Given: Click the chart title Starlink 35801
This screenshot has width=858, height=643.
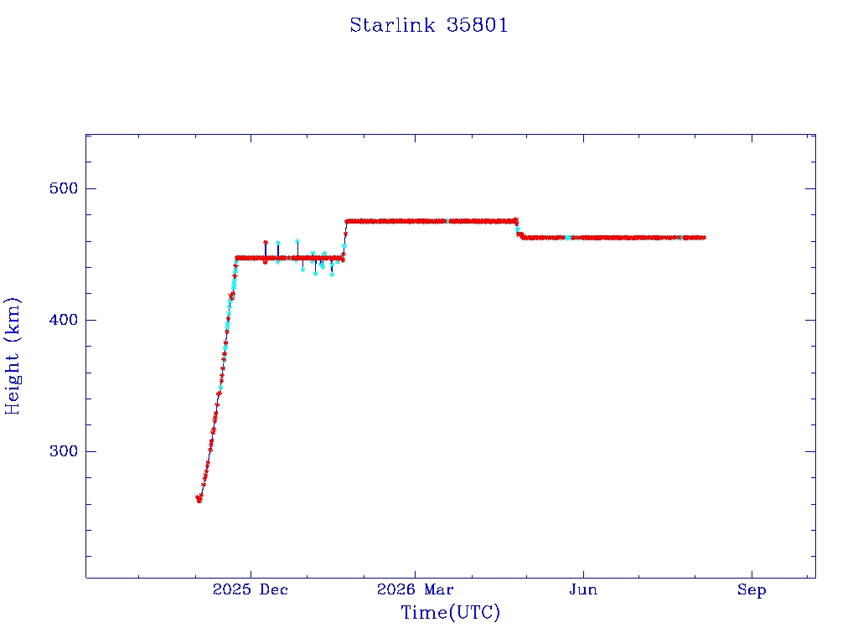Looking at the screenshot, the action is (429, 25).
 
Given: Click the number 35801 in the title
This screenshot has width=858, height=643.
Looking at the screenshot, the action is (477, 25).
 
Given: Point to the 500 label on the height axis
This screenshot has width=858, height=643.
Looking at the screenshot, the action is (64, 188).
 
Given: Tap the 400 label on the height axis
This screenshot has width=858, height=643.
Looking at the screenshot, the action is (64, 320).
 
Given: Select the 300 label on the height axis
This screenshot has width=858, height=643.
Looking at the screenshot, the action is (64, 451).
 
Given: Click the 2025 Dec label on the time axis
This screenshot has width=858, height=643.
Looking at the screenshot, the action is (250, 589).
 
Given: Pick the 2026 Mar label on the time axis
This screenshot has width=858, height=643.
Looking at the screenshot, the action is (415, 589).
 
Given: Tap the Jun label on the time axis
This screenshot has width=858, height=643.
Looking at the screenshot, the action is (583, 589).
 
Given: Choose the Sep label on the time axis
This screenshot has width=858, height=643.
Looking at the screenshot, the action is (752, 589).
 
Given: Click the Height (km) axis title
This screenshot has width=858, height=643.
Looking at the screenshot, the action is (12, 356).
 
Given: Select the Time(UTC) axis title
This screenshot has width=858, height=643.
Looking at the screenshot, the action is (450, 612).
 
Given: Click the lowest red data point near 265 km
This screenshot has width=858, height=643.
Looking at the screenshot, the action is (199, 501).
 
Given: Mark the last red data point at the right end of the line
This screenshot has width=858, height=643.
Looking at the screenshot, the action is (703, 238).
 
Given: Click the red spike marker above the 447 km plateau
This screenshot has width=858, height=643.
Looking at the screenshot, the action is (266, 242).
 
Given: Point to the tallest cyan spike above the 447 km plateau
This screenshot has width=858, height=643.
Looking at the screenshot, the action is (297, 241).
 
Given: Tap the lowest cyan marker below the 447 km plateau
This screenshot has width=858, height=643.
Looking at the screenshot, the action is (332, 275).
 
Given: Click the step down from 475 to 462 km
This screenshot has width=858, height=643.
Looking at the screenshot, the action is (518, 229).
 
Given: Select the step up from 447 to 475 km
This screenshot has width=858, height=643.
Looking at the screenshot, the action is (344, 239).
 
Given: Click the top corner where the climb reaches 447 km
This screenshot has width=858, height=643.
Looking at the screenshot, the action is (236, 258).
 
